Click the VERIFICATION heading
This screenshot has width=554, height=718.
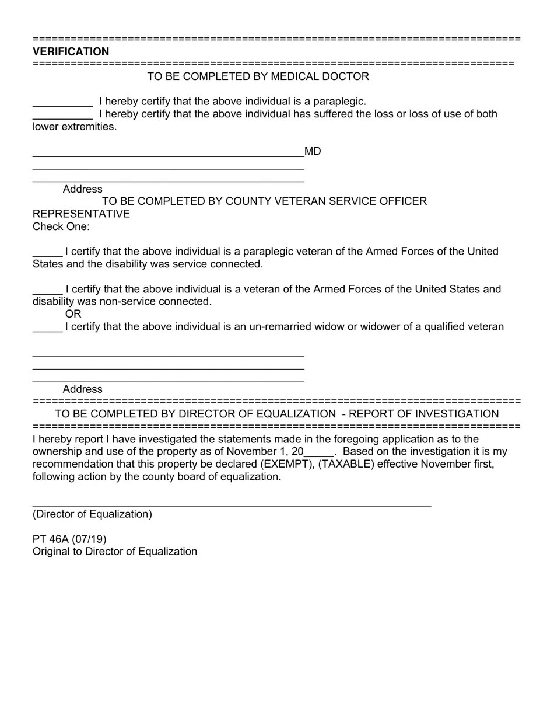pos(71,51)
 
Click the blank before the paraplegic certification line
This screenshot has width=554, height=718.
pos(62,103)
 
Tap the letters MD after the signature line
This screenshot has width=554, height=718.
pos(313,151)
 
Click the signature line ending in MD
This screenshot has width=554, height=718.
pos(168,155)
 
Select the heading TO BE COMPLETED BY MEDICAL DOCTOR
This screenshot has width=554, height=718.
pos(258,76)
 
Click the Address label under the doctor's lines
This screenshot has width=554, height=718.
pos(82,189)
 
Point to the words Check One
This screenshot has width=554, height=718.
pos(61,226)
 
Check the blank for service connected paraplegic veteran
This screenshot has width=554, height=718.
pos(47,253)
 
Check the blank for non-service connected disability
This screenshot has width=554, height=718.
pos(47,291)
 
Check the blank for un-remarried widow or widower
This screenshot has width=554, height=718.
pos(47,328)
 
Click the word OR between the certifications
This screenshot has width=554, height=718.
pos(73,314)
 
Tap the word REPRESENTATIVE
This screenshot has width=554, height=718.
pos(81,214)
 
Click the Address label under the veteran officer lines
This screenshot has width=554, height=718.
pos(82,389)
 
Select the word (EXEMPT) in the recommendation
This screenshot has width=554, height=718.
pos(282,464)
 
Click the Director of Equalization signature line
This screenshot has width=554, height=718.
pos(232,504)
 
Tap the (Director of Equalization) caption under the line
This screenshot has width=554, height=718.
pos(92,514)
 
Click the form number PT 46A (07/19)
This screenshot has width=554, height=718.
pos(69,539)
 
